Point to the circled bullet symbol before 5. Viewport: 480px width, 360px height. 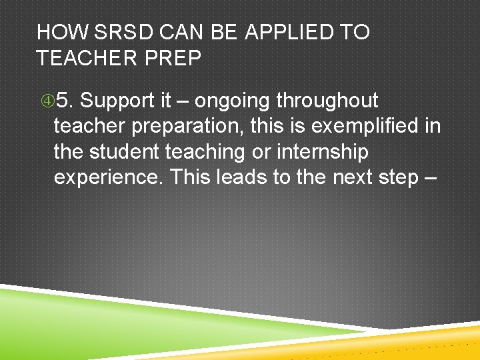(x=45, y=101)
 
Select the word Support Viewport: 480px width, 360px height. (x=117, y=101)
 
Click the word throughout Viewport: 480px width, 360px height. (x=327, y=101)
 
